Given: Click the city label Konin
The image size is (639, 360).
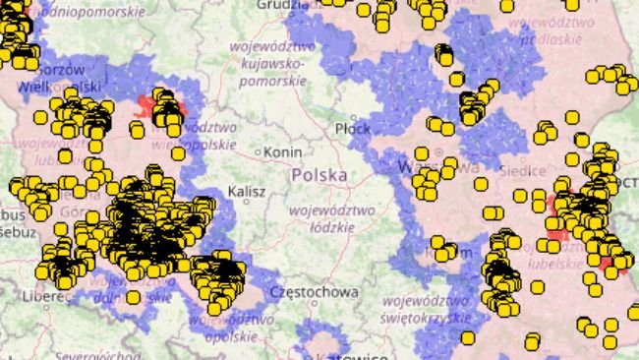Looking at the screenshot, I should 283,152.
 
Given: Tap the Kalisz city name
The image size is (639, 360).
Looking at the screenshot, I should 247,191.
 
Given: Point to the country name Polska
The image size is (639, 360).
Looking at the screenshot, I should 319,175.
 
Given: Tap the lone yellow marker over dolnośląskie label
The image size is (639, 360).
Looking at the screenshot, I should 133,297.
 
